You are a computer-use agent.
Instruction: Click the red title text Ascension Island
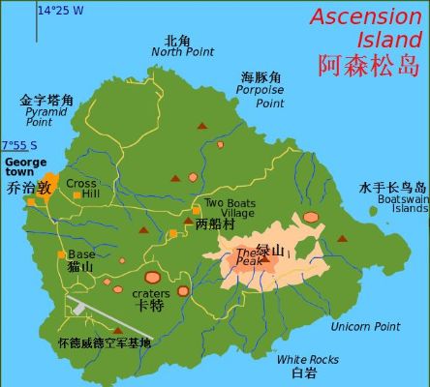367,28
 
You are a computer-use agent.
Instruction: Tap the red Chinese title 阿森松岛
369,65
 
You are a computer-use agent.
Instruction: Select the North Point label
182,52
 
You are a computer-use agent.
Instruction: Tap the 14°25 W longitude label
60,11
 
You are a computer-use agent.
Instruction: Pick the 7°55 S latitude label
25,146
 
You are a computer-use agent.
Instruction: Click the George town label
25,166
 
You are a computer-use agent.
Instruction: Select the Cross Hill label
82,189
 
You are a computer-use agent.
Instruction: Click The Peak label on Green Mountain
249,256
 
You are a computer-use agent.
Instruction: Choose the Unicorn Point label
365,327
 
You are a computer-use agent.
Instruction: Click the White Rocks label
307,360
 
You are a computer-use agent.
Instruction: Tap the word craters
150,293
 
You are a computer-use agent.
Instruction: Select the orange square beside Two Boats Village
197,210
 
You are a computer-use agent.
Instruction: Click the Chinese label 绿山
269,249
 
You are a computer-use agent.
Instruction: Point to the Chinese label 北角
177,41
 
